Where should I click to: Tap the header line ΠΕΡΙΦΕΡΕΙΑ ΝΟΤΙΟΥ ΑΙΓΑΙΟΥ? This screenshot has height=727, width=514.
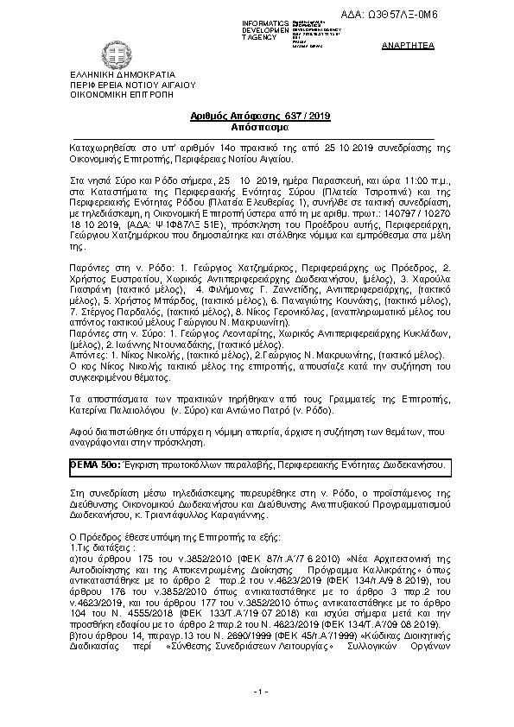[x=122, y=85]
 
